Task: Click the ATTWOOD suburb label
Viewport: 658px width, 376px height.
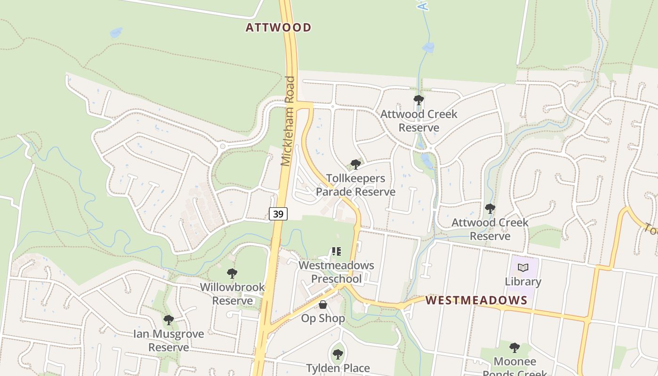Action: tap(278, 28)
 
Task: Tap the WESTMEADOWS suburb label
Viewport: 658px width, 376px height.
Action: tap(476, 300)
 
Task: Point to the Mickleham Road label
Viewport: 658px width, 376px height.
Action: tap(289, 121)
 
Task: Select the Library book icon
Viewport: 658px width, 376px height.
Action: tap(523, 268)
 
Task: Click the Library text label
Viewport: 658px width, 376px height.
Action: tap(523, 282)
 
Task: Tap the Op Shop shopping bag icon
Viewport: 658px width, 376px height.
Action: tap(323, 305)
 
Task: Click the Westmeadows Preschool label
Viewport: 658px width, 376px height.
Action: tap(337, 272)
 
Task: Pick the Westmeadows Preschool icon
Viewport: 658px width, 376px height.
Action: tap(336, 251)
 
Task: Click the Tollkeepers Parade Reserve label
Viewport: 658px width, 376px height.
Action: tap(355, 185)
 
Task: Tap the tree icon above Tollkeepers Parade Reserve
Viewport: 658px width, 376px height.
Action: tap(356, 164)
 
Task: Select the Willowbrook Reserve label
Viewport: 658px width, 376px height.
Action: tap(232, 294)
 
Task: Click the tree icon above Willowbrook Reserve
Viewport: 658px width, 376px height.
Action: tap(232, 273)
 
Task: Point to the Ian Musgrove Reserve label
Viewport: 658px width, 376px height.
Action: tap(168, 341)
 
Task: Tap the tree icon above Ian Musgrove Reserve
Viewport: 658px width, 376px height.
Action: tap(168, 320)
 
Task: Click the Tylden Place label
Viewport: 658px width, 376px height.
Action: tap(338, 368)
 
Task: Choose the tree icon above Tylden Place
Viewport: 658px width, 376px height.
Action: tap(337, 354)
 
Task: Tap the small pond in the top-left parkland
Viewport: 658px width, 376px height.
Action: tap(116, 32)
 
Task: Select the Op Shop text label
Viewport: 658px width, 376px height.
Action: tap(323, 318)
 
